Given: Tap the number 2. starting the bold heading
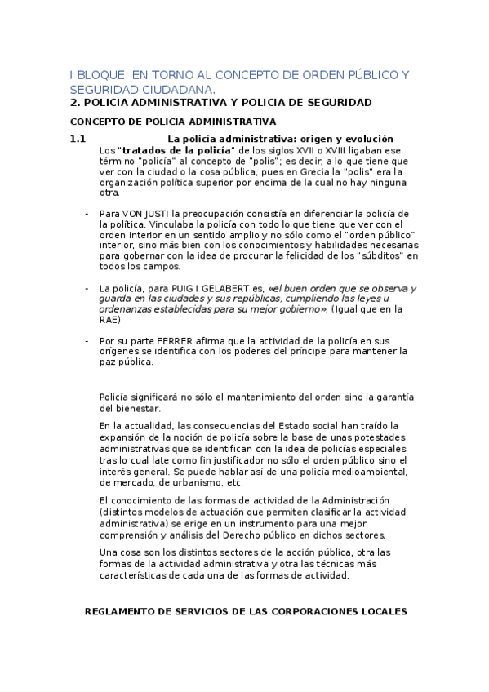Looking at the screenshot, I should (x=74, y=103).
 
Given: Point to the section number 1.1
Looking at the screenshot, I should (x=78, y=139).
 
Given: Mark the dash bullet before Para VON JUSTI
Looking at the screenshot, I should (x=87, y=214).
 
